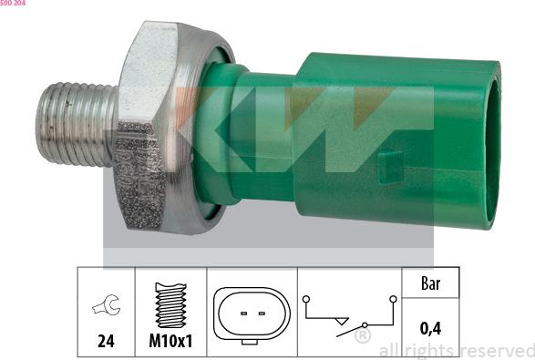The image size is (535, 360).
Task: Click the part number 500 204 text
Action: coord(14,5)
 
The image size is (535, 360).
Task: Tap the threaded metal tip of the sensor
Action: coord(75,124)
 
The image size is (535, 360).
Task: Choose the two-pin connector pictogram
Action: coord(251,314)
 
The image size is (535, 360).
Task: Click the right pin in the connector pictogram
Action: coord(262,314)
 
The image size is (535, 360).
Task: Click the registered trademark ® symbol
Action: coord(362,337)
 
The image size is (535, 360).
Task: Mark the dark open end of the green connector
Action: coord(492,146)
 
